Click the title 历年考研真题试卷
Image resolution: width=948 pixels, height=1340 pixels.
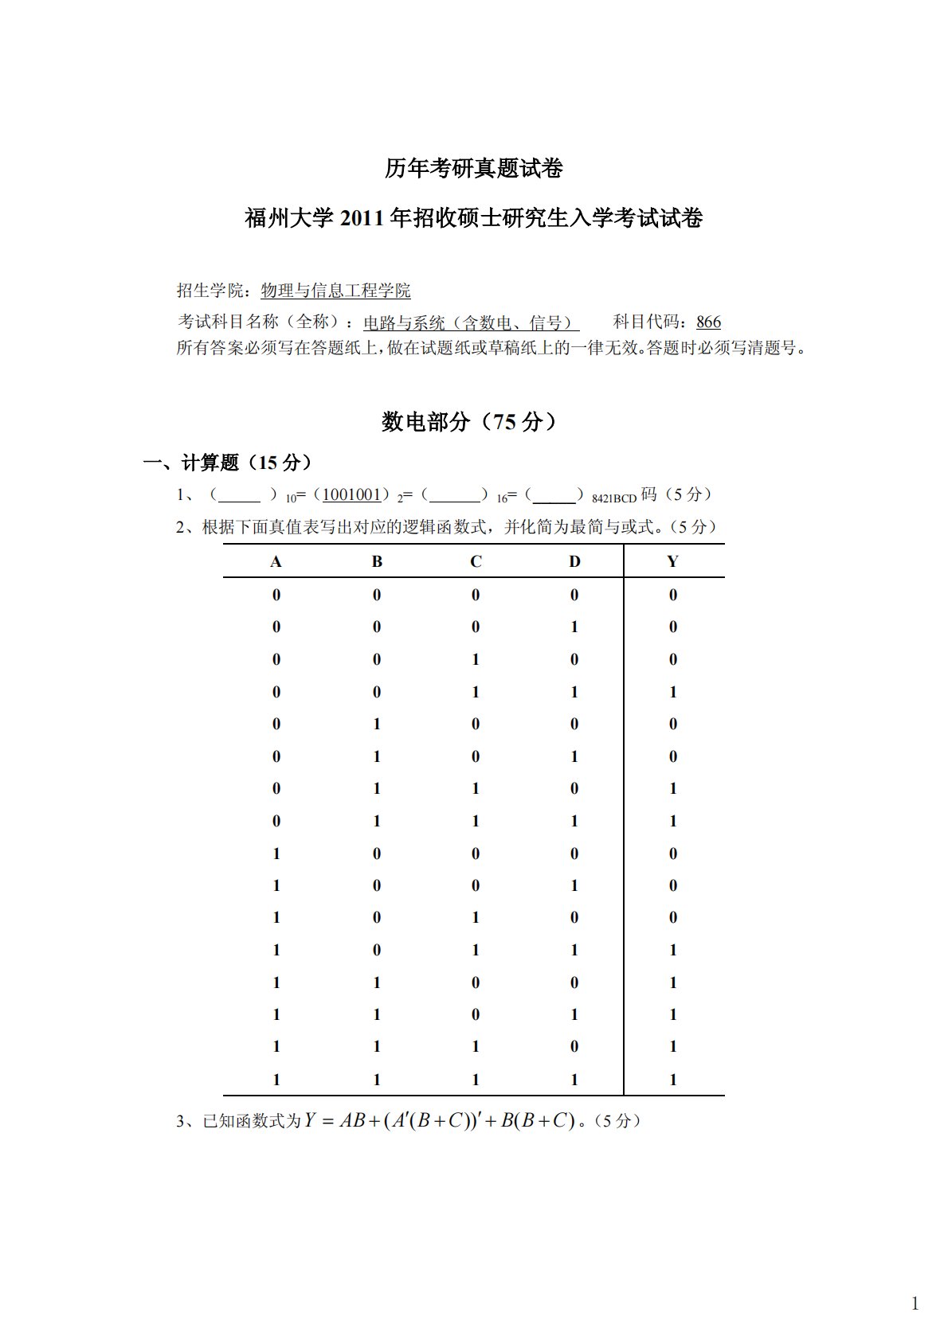tap(473, 169)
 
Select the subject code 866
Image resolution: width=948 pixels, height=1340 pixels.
tap(708, 322)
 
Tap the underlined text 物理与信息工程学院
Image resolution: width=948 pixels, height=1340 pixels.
tap(335, 291)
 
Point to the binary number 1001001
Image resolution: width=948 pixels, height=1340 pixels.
tap(351, 494)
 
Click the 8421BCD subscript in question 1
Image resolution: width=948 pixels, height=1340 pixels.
tap(614, 499)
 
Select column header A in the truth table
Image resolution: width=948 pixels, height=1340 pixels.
tap(276, 562)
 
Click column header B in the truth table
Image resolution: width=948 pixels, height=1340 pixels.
tap(377, 562)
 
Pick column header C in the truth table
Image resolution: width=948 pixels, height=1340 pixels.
tap(476, 562)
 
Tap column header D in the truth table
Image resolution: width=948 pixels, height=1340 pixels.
tap(574, 562)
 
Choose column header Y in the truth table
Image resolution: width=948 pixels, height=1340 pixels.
tap(672, 562)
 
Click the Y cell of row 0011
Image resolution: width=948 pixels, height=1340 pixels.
tap(673, 692)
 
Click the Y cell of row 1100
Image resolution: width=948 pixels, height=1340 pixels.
tap(673, 983)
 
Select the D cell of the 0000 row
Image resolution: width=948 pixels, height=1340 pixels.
tap(574, 595)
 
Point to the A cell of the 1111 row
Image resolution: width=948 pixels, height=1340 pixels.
tap(276, 1080)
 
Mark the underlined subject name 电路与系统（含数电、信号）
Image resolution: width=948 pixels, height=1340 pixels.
tap(470, 322)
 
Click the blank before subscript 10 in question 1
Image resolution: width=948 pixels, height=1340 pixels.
tap(239, 495)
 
